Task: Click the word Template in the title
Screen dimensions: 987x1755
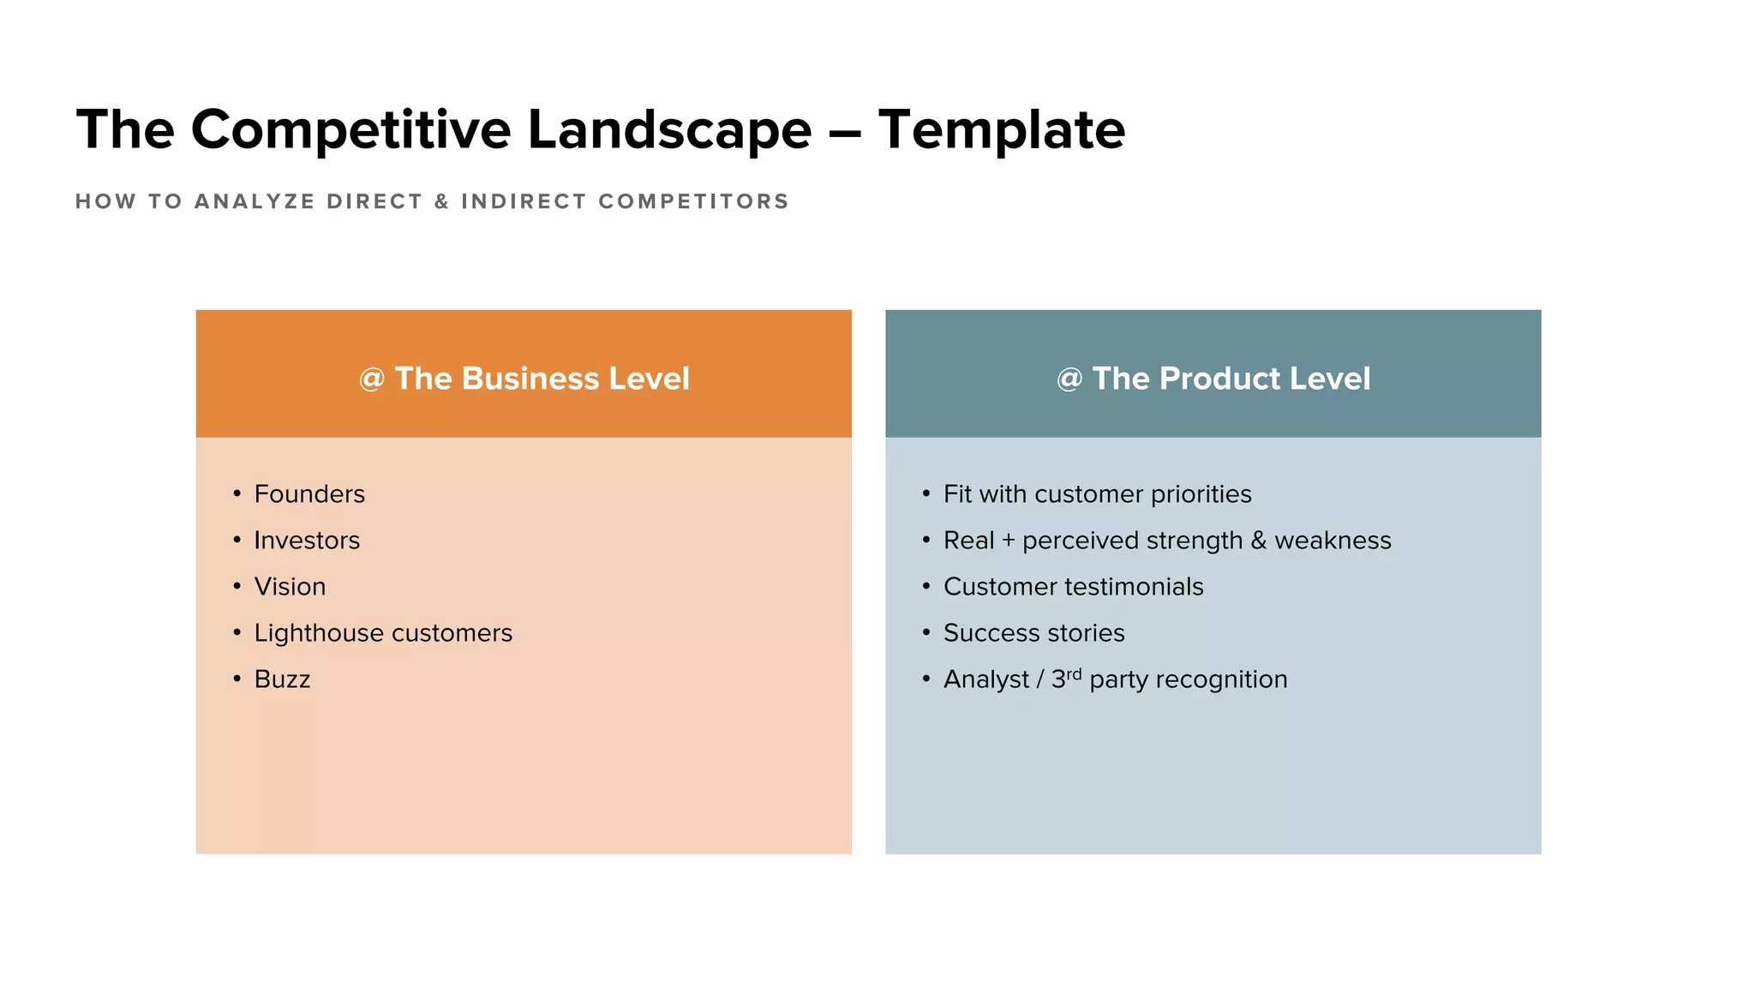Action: [1001, 130]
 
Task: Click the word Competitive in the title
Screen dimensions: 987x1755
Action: [350, 130]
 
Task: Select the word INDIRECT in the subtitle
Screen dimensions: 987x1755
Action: [524, 201]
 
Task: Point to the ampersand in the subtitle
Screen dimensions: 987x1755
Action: [441, 201]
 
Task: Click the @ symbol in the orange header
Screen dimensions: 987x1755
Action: [371, 379]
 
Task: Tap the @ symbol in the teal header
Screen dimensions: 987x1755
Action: [1069, 379]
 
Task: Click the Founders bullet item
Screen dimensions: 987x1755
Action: [309, 494]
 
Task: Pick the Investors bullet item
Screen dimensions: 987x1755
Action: [307, 541]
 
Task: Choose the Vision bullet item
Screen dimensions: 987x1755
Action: [290, 587]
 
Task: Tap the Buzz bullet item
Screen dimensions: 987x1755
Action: [282, 679]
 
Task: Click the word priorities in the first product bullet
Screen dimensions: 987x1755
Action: [1201, 494]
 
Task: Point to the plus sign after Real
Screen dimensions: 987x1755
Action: [1008, 541]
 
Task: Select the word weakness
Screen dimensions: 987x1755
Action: [1333, 541]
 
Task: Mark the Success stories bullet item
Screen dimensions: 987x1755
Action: [1033, 633]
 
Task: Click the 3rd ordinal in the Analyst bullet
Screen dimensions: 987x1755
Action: [1066, 678]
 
